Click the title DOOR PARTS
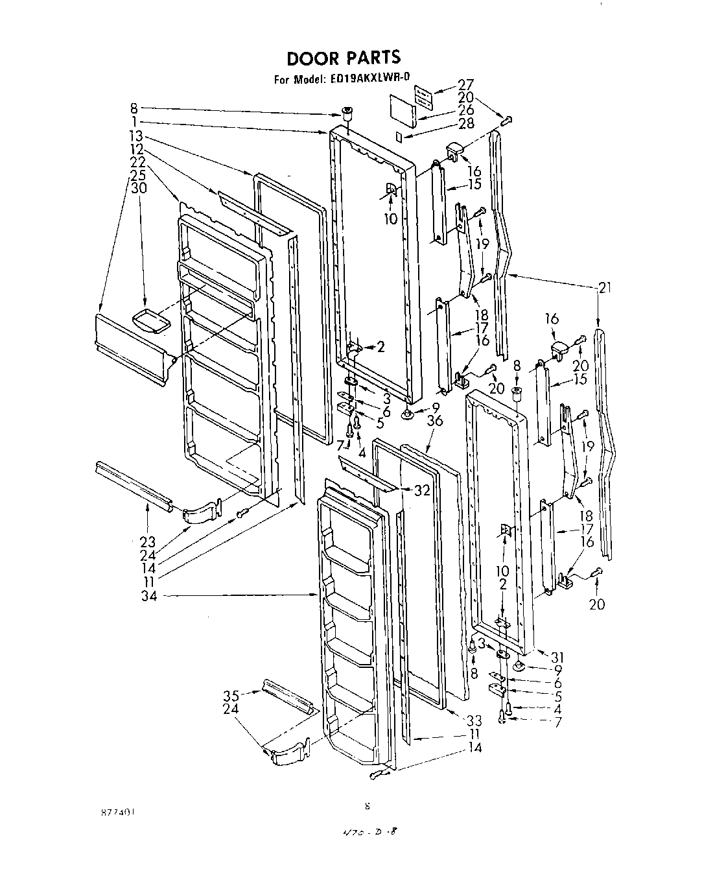(344, 58)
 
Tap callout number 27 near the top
(465, 84)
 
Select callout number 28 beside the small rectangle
(465, 123)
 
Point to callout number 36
(434, 420)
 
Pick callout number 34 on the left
(148, 596)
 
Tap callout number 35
(231, 696)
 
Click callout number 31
(557, 656)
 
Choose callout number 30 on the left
(138, 188)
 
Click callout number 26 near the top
(465, 110)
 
